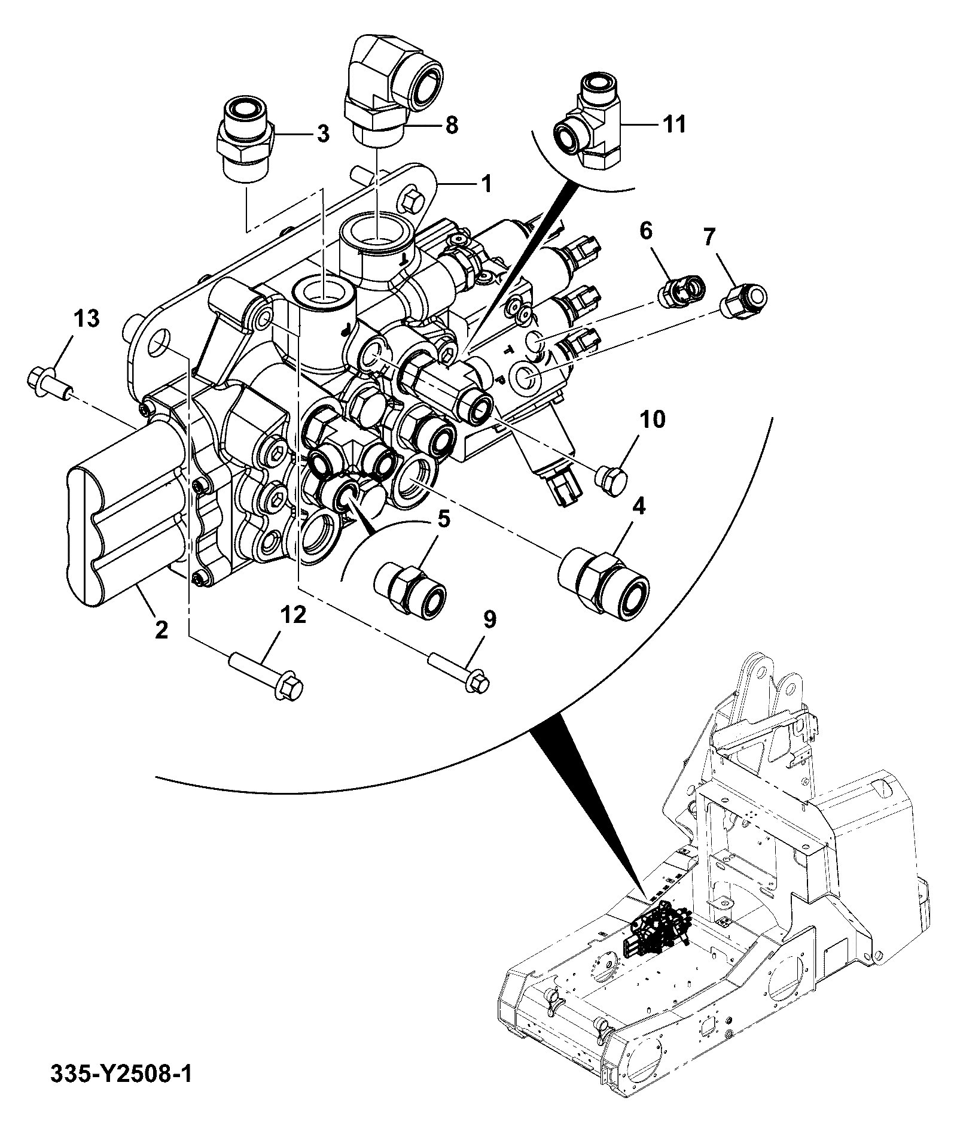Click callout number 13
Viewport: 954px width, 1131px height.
click(86, 318)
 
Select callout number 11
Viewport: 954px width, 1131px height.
click(673, 124)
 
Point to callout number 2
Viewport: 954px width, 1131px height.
click(161, 630)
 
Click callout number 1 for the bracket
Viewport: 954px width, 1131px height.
click(486, 183)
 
